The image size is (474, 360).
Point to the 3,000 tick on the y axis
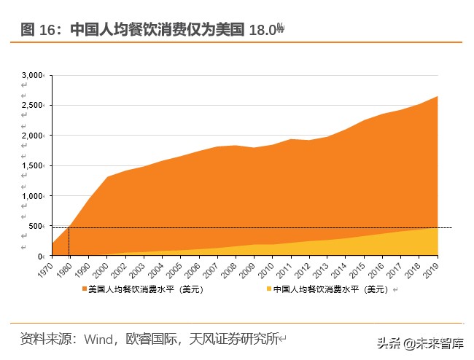click(x=33, y=75)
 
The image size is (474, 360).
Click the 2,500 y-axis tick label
click(x=33, y=106)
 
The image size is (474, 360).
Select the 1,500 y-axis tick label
click(x=33, y=166)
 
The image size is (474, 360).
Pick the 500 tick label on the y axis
click(x=36, y=227)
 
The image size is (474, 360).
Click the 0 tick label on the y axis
click(x=42, y=257)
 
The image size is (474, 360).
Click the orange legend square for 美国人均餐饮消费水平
click(x=84, y=289)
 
